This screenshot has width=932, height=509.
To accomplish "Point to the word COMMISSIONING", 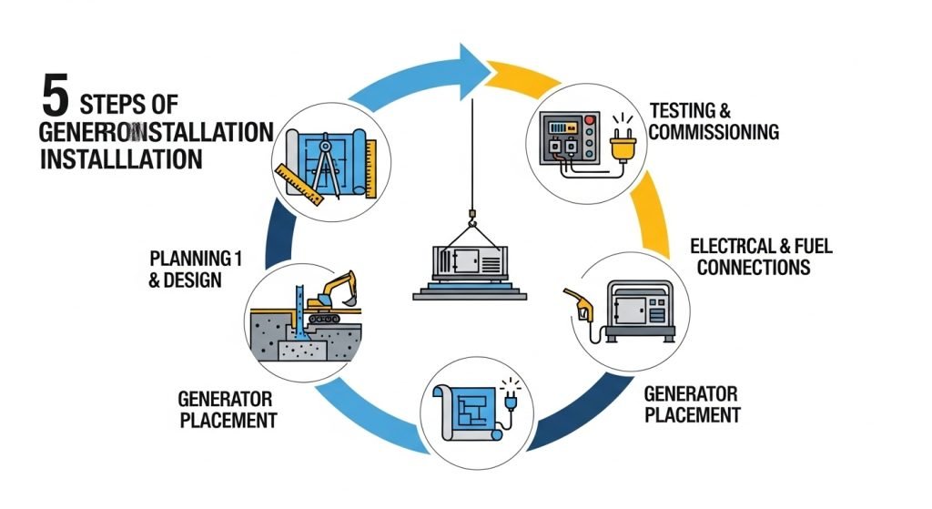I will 714,132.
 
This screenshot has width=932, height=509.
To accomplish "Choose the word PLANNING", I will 178,259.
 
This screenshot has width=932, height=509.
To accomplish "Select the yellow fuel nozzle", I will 574,300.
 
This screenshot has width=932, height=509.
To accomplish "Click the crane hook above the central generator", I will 472,216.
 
